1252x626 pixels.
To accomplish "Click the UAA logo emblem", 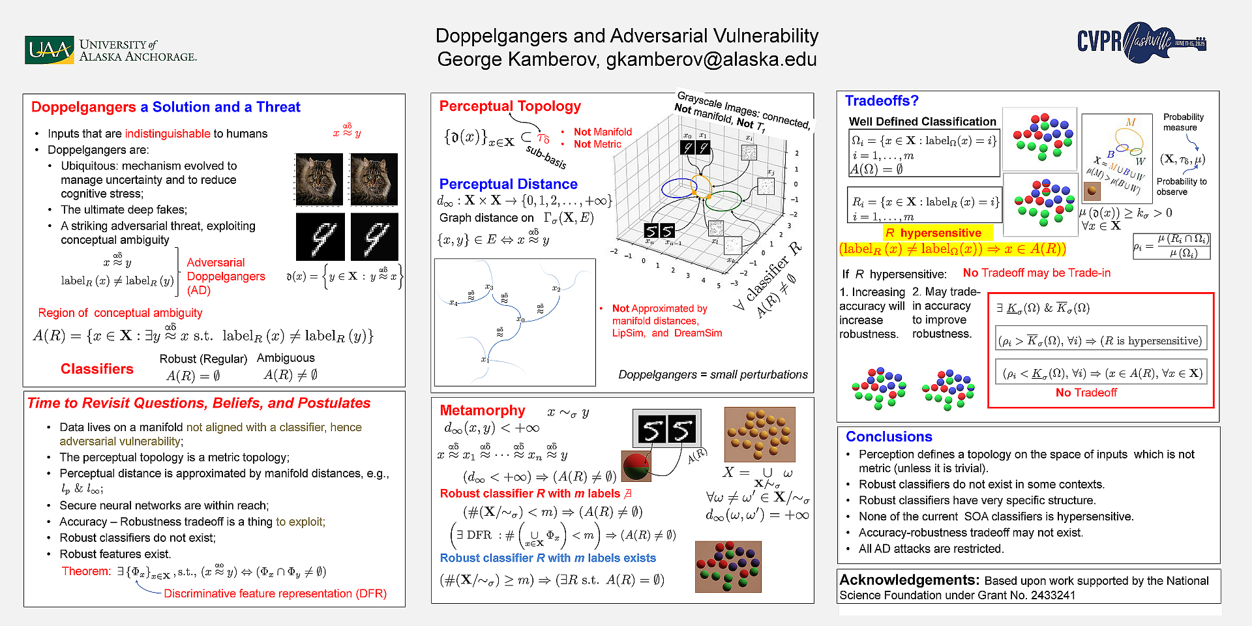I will pos(49,50).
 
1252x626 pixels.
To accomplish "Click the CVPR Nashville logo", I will pos(1140,42).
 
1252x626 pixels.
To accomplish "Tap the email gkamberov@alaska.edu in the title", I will pos(711,59).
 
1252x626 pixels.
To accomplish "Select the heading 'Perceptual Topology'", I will pos(509,106).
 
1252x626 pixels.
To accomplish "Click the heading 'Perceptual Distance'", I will pos(508,184).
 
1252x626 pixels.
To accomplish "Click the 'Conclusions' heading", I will pos(888,437).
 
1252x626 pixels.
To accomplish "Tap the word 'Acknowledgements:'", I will pos(909,580).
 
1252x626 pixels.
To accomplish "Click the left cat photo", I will pos(319,179).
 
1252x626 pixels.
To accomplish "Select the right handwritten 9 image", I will pos(374,236).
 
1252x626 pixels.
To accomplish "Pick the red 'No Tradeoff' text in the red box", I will pos(1086,393).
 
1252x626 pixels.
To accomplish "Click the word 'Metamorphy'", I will pos(482,410).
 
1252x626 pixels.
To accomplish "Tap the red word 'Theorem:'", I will pos(87,571).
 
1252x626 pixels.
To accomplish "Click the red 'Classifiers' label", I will pos(97,369).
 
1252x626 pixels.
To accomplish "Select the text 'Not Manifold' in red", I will pos(603,132).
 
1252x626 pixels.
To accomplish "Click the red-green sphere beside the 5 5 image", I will pos(635,466).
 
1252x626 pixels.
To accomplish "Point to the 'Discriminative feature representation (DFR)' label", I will pos(275,593).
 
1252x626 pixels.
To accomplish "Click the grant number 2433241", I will pos(1052,595).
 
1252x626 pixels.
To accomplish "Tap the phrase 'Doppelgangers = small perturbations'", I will pos(713,374).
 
